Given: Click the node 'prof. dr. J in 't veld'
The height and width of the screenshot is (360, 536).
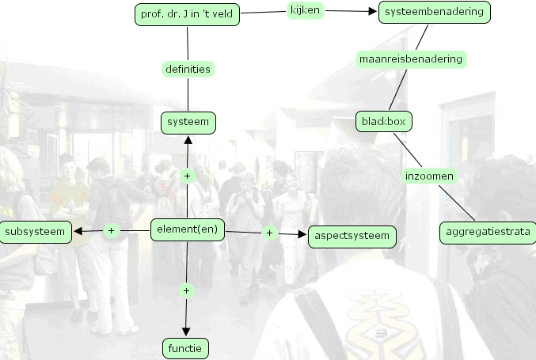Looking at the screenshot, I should [x=188, y=13].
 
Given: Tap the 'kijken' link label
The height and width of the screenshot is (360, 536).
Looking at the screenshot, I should [x=304, y=10].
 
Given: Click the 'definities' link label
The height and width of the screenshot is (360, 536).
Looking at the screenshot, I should [x=188, y=69].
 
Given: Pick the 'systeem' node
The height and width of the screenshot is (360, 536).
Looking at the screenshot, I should [x=188, y=123].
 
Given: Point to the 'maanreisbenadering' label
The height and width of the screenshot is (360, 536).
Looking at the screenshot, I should [x=410, y=59].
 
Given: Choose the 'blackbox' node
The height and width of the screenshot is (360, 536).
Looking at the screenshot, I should [x=384, y=122].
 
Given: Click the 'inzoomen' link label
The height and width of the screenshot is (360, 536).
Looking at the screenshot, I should [x=429, y=176].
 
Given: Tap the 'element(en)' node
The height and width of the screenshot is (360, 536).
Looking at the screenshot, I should [x=188, y=230].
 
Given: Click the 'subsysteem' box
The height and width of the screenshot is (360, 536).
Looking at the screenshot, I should [x=36, y=232].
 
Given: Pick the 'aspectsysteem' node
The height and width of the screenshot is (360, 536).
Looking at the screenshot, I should [x=352, y=236].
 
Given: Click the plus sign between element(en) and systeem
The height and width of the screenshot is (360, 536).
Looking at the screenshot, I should [x=188, y=176].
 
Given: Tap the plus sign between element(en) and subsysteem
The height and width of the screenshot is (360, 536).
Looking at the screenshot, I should [x=112, y=231].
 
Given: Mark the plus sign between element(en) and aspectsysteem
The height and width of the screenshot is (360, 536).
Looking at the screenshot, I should [x=269, y=233].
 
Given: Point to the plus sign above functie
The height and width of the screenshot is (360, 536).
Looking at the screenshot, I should [x=188, y=290].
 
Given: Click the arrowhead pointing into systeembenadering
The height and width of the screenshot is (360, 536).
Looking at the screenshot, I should [x=374, y=12].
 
